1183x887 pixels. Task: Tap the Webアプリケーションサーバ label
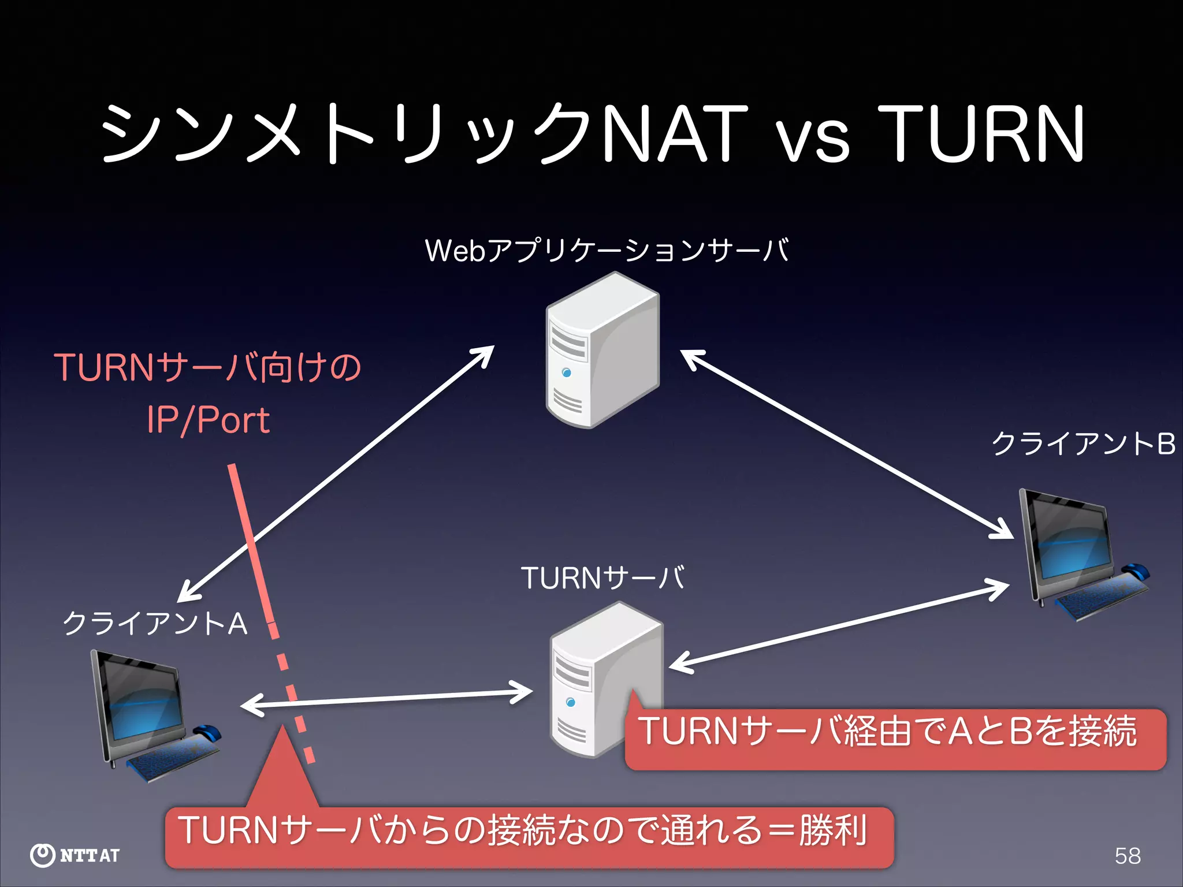point(607,251)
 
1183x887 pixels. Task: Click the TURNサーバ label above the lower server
point(602,578)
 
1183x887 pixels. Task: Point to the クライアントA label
point(155,624)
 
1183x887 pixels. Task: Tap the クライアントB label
point(1083,444)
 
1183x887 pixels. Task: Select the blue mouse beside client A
point(208,732)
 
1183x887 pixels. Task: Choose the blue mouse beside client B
point(1136,571)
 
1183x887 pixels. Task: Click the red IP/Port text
point(208,420)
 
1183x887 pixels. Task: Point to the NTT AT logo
point(75,855)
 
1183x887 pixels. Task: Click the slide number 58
point(1128,856)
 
